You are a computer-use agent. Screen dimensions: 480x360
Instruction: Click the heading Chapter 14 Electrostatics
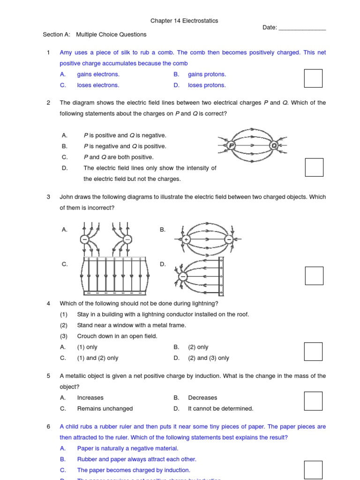click(184, 21)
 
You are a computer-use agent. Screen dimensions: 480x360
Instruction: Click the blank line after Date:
click(302, 28)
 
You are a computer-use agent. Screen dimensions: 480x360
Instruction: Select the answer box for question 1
click(313, 78)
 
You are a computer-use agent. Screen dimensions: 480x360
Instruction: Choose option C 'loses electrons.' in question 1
click(98, 85)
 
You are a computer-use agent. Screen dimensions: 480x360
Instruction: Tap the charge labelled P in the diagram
click(231, 146)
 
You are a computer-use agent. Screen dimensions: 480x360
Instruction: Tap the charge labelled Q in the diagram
click(274, 146)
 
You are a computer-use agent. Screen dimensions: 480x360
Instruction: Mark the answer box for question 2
click(314, 167)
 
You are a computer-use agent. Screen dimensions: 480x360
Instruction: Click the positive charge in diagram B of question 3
click(186, 240)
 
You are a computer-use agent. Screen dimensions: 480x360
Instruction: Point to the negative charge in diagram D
click(183, 277)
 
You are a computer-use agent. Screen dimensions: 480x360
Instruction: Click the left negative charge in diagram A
click(84, 240)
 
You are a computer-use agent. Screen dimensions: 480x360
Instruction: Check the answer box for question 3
click(314, 276)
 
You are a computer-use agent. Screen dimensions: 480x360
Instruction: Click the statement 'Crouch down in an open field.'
click(117, 336)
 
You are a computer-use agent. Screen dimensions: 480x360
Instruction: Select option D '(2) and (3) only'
click(208, 358)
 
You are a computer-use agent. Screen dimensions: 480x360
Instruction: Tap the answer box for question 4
click(313, 352)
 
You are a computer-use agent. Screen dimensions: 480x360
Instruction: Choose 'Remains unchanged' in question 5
click(105, 409)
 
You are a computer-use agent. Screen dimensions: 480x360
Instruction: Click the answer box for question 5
click(313, 401)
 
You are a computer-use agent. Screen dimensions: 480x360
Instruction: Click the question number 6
click(48, 427)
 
